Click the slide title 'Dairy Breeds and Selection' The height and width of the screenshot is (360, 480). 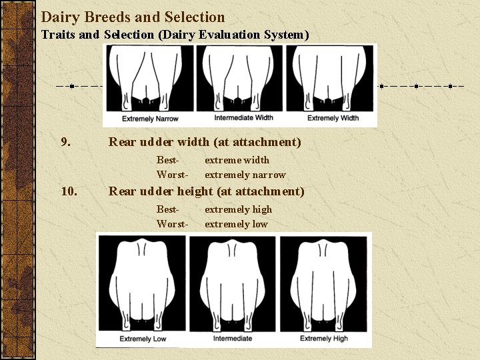(x=133, y=17)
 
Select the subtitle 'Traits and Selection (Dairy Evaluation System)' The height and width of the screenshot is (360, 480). (x=175, y=34)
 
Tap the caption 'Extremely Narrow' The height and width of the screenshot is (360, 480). (x=149, y=119)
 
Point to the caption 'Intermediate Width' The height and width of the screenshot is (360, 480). (x=243, y=118)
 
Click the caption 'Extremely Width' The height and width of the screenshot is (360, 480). (x=333, y=118)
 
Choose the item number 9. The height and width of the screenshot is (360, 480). (x=66, y=142)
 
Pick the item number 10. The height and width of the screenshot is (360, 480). (x=69, y=192)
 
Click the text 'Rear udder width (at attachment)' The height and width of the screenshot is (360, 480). (x=205, y=142)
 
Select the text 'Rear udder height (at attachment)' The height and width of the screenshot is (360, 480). (x=206, y=192)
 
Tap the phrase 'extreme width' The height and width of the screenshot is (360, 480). (x=237, y=160)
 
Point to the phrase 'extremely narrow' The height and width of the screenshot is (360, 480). (x=245, y=175)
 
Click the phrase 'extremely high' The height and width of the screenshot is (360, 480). (x=238, y=209)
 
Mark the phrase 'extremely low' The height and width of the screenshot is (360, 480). (x=236, y=224)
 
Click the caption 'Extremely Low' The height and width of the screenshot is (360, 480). (x=143, y=339)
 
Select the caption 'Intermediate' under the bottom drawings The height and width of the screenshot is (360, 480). (x=233, y=339)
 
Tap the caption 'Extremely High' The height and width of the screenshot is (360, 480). (x=324, y=339)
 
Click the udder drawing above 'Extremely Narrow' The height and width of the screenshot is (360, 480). (x=149, y=79)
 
